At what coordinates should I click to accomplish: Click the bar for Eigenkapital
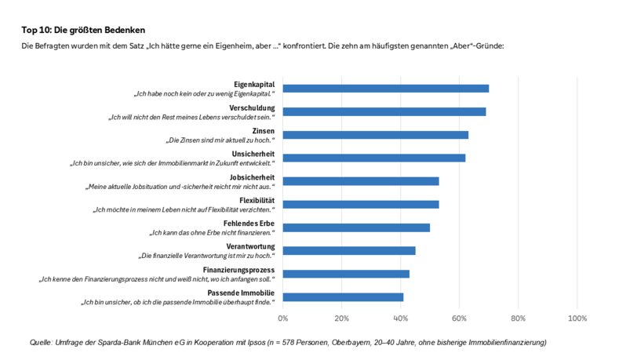pos(385,89)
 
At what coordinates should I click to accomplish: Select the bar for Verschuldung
pos(384,111)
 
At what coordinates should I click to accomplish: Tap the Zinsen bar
pos(375,135)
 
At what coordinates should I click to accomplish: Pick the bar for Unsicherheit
pos(373,158)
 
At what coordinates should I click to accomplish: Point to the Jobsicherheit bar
pos(360,181)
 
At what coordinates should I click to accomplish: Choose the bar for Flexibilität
pos(360,205)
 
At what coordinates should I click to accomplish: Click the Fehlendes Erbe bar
pos(356,227)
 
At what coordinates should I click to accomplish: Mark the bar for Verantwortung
pos(348,251)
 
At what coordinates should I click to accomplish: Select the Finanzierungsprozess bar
pos(346,274)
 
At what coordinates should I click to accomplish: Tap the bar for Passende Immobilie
pos(343,297)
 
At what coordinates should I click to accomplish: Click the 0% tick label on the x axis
pos(283,318)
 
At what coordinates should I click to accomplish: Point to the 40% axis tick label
pos(400,318)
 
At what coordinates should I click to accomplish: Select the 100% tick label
pos(577,318)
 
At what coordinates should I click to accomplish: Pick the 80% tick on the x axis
pos(518,318)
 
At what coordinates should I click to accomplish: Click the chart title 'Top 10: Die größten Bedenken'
pos(83,29)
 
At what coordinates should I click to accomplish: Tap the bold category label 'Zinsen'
pos(263,130)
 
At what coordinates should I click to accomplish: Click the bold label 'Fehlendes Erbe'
pos(249,224)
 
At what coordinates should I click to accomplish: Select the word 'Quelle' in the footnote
pos(40,343)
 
